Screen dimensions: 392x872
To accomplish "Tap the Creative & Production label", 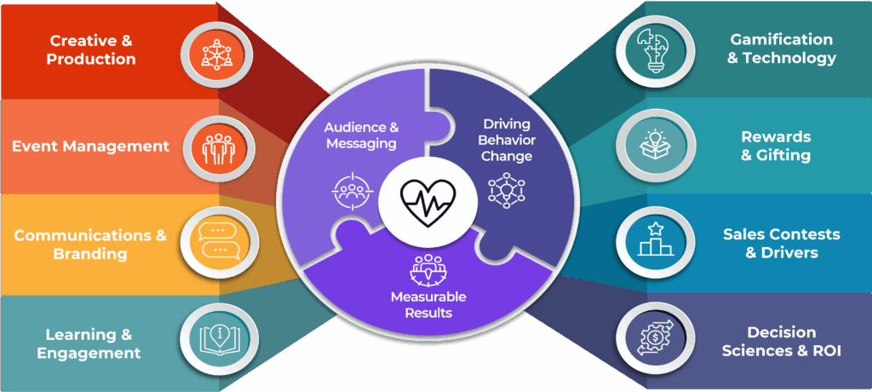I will click(91, 49).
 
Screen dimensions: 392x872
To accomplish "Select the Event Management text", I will click(90, 146).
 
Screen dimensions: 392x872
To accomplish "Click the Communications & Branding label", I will click(90, 244).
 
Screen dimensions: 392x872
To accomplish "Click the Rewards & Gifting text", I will click(776, 146).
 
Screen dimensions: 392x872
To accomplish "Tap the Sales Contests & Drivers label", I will click(781, 243).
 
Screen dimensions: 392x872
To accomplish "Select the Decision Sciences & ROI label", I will click(781, 341).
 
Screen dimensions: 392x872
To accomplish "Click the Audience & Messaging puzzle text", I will click(360, 135).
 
